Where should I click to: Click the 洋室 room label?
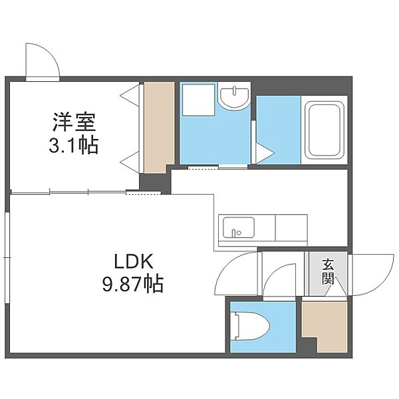click(74, 122)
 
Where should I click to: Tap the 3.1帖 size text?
click(74, 145)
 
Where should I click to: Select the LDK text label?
click(134, 261)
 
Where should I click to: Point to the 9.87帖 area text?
click(133, 284)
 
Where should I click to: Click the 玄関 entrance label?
click(328, 272)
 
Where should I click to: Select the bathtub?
click(325, 130)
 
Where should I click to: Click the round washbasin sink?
click(234, 98)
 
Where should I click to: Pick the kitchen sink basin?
click(239, 227)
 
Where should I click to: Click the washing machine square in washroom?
click(198, 100)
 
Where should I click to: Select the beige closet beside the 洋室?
click(159, 127)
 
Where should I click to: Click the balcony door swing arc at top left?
click(51, 53)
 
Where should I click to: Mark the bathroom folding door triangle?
click(265, 154)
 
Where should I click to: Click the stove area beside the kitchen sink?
click(291, 227)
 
